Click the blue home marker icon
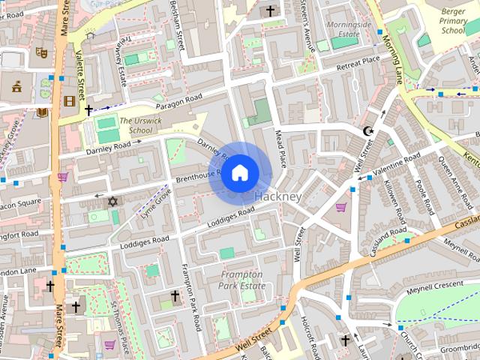tap(238, 173)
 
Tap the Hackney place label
tap(278, 196)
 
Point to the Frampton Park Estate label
tap(241, 280)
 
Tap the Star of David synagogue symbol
tap(113, 202)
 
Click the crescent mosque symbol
tap(367, 131)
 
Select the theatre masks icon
tap(42, 53)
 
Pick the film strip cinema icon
tap(70, 101)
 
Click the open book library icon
tap(42, 112)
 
